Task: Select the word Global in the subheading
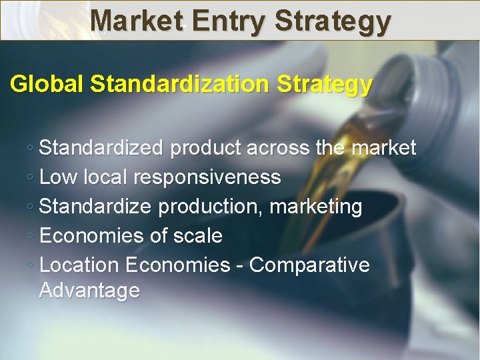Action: click(x=47, y=85)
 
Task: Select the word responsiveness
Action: click(x=207, y=177)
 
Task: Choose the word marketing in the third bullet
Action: click(x=316, y=207)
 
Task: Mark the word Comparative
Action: click(x=309, y=265)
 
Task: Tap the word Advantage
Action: click(x=89, y=291)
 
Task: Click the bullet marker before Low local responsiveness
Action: click(x=31, y=178)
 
